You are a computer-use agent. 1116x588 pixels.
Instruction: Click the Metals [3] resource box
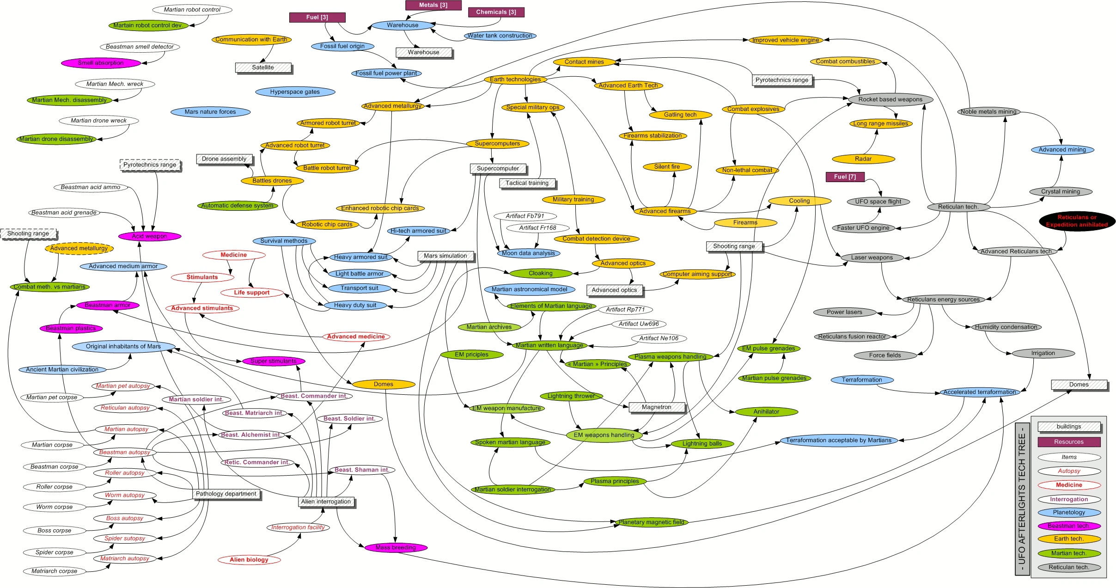(433, 5)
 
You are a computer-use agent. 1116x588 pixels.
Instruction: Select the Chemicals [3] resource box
(496, 12)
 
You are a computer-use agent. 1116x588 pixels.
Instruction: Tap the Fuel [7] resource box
(845, 177)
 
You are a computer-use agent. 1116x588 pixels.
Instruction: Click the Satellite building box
(263, 67)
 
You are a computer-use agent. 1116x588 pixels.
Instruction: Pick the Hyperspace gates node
(295, 92)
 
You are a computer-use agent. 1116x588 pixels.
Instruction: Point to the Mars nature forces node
(210, 112)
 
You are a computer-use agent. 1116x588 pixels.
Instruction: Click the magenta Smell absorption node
(101, 63)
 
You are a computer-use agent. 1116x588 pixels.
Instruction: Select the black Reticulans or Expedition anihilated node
(1077, 221)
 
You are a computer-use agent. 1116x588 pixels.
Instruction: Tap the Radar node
(863, 159)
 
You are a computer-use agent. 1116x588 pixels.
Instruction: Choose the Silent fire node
(667, 167)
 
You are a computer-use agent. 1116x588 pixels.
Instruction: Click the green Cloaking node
(541, 273)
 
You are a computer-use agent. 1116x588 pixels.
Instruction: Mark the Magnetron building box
(657, 407)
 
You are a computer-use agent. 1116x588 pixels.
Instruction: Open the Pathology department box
(226, 494)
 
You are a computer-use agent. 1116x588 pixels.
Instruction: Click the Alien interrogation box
(326, 502)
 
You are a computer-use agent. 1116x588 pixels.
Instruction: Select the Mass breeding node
(396, 548)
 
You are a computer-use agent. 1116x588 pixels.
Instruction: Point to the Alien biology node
(249, 560)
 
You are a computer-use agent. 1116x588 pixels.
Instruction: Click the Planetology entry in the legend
(1069, 512)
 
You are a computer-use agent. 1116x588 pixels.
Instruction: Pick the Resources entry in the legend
(1069, 442)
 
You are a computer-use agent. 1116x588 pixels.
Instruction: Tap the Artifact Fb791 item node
(525, 216)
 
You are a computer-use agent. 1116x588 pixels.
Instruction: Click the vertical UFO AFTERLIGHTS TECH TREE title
(1022, 499)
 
